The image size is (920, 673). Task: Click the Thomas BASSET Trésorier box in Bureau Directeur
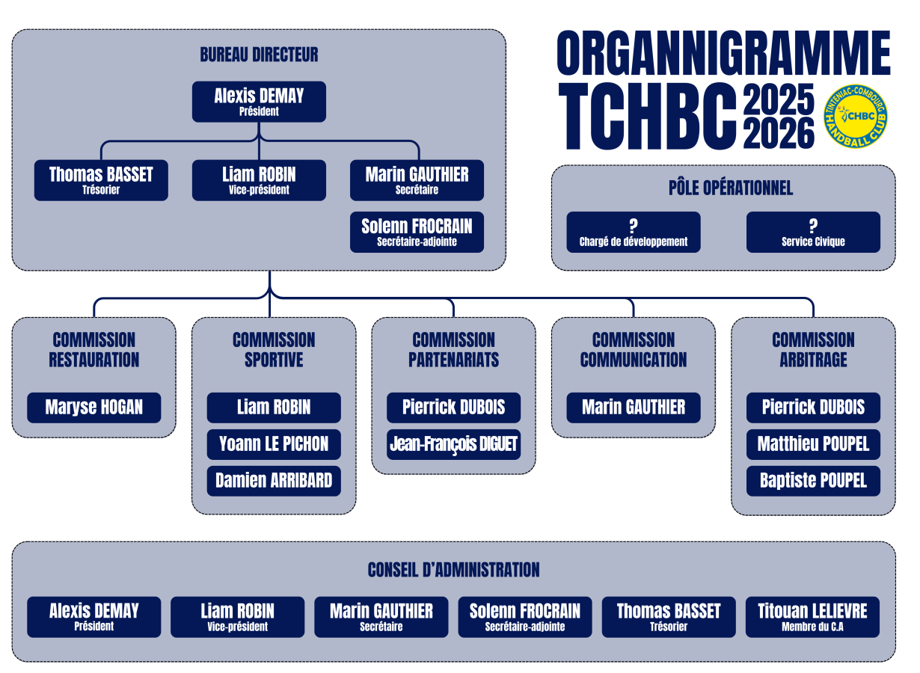101,180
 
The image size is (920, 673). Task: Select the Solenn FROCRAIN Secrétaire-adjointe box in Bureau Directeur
417,232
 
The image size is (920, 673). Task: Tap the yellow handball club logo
856,116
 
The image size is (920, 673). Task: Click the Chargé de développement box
634,232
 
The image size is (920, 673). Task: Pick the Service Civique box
813,232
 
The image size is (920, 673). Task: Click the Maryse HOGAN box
94,408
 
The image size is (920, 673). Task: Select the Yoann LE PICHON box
274,444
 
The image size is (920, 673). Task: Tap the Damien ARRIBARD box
274,481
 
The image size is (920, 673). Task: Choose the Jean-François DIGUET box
453,444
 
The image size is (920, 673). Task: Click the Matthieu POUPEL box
813,444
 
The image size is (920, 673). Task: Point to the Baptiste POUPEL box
813,481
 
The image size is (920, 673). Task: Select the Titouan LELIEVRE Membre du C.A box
812,617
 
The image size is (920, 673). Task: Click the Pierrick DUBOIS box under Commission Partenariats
453,408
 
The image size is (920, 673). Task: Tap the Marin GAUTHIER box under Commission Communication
634,408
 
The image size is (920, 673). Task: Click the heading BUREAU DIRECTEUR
259,55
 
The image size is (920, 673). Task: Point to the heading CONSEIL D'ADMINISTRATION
453,570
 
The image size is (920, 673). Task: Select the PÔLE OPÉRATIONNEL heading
731,188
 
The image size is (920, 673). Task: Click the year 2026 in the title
779,132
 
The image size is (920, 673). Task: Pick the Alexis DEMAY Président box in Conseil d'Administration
94,617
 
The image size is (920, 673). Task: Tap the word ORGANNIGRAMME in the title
723,53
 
